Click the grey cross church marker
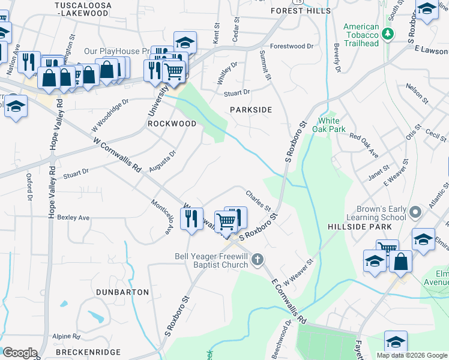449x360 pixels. [x=257, y=260]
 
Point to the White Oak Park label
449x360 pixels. [x=332, y=124]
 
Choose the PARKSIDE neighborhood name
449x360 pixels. [x=251, y=110]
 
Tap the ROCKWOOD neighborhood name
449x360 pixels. [x=172, y=124]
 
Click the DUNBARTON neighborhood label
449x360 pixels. [x=122, y=292]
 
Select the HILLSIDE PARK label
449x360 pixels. [x=360, y=227]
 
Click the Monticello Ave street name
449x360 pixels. [x=162, y=217]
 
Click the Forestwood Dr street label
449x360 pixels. [x=292, y=46]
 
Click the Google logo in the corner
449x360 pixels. [x=19, y=353]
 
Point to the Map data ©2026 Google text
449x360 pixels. [x=412, y=355]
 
